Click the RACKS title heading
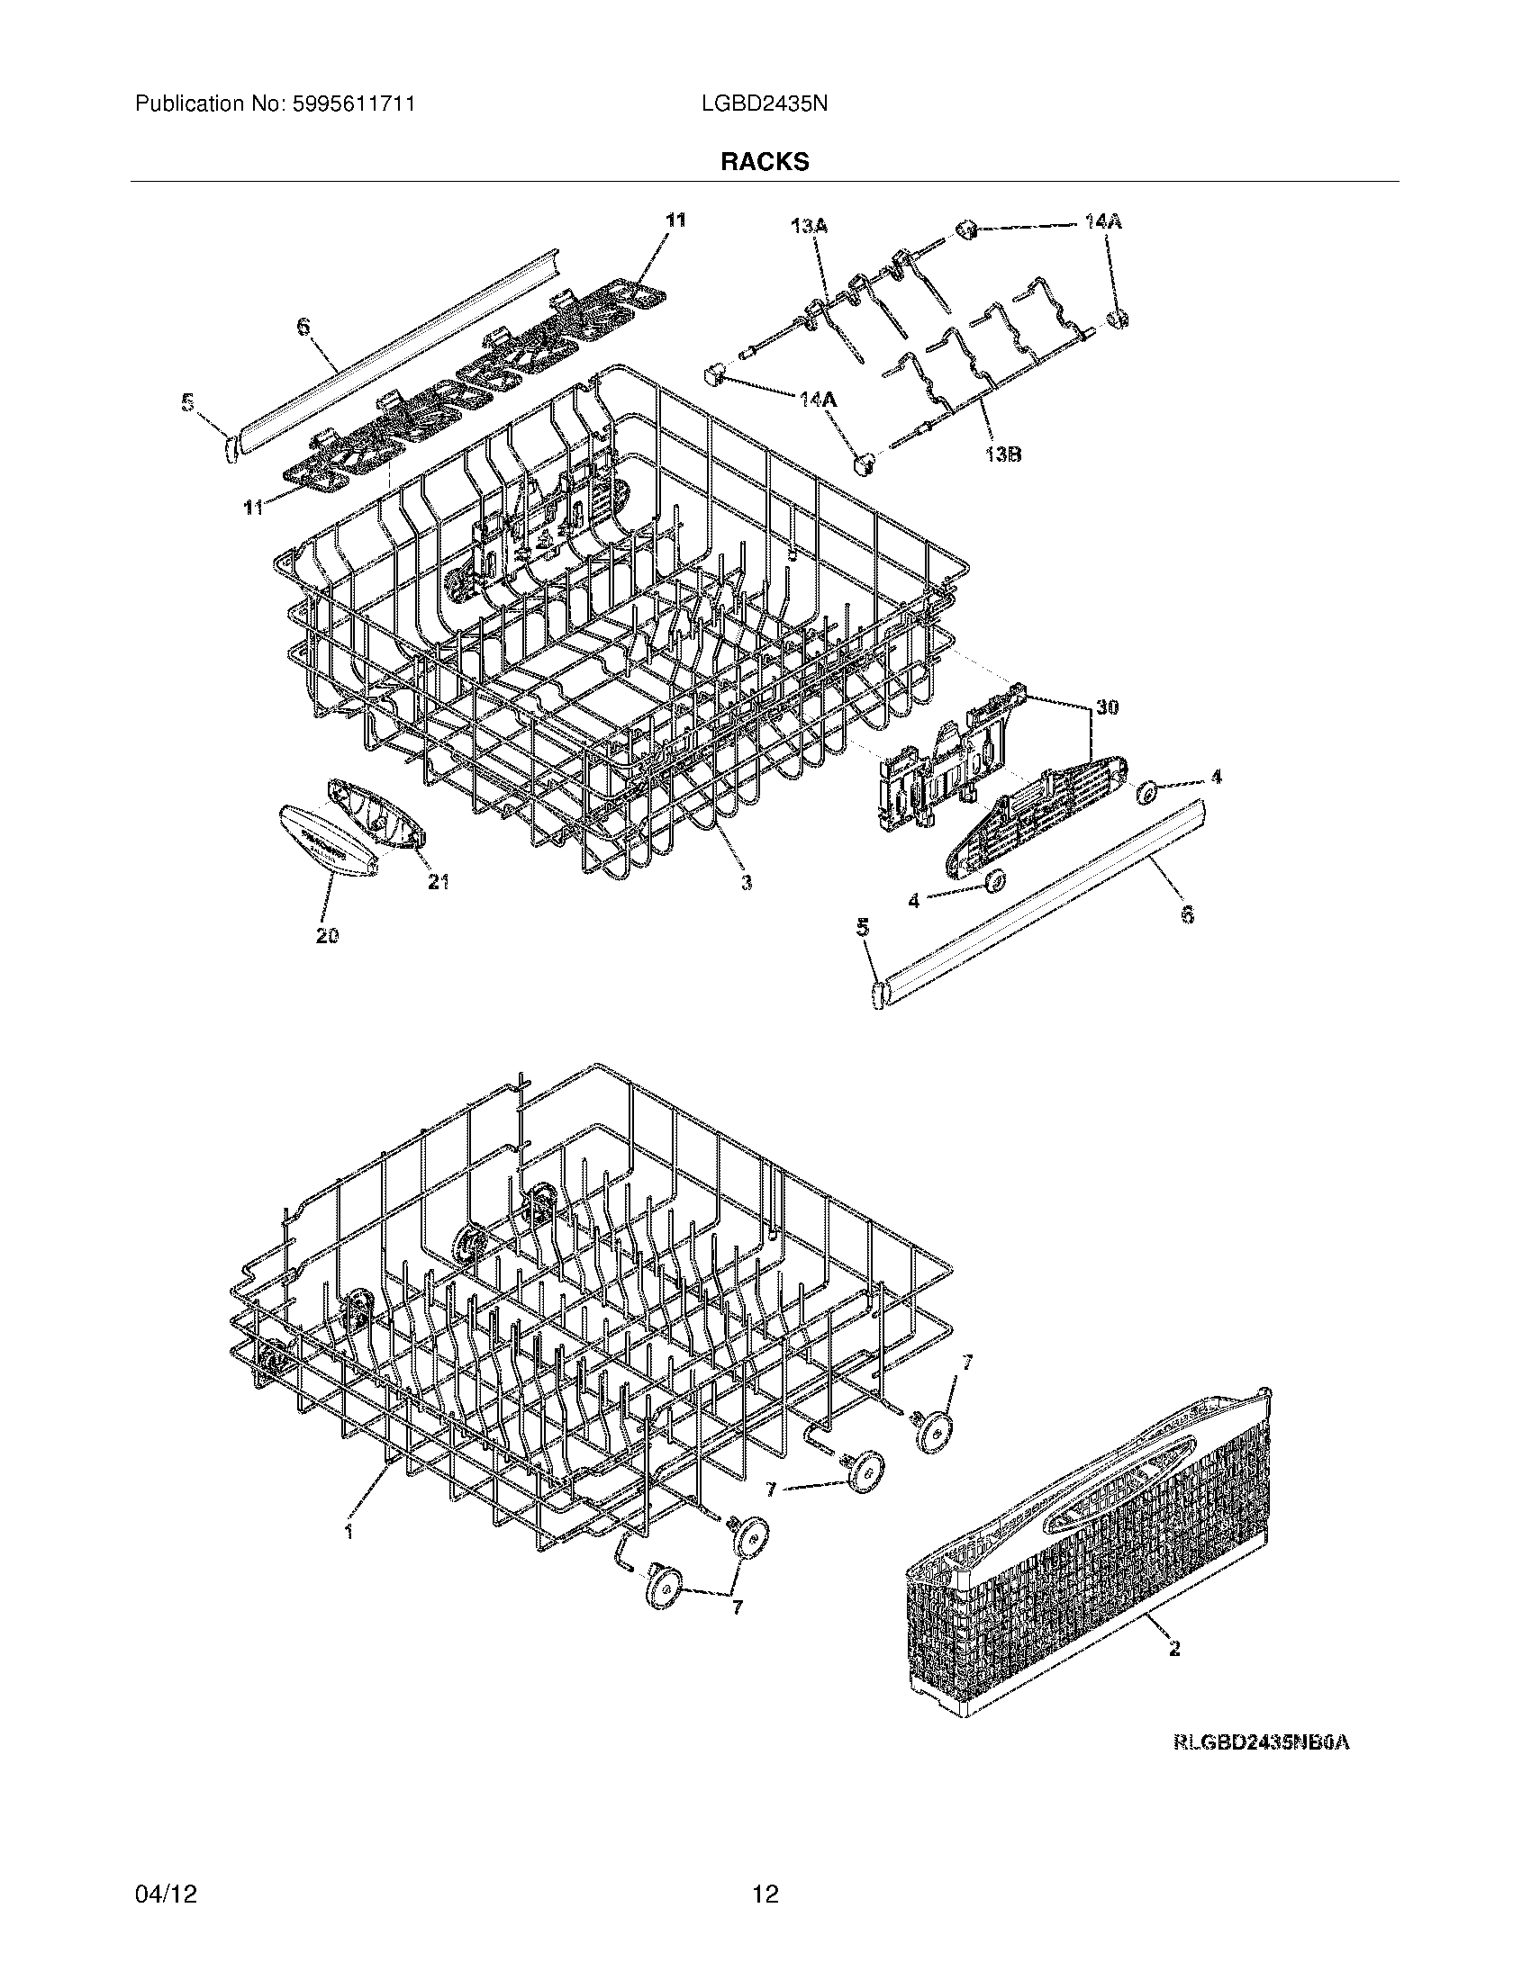765,162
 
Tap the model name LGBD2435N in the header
764,104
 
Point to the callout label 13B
1001,454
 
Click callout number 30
1106,707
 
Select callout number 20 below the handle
328,937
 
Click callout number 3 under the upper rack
745,881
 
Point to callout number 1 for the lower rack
349,1531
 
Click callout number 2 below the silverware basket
1174,1649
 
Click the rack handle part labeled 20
329,843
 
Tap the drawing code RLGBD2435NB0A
1261,1741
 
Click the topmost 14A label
1102,221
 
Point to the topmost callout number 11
675,220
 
